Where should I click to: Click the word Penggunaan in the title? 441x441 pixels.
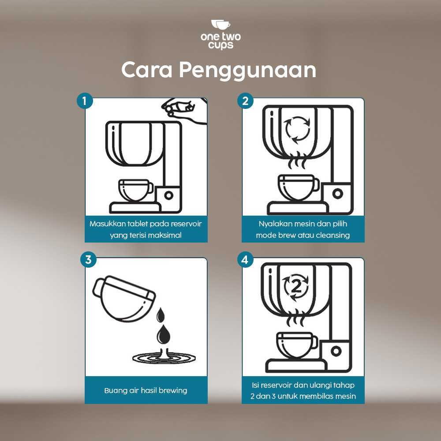click(247, 71)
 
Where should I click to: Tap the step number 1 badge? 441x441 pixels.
click(85, 101)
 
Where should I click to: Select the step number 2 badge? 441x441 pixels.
click(245, 101)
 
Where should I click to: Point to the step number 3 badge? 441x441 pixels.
click(88, 259)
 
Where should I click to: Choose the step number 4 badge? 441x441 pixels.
click(245, 259)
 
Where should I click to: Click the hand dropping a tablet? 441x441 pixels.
click(184, 110)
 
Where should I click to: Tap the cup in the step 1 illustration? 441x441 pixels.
click(135, 190)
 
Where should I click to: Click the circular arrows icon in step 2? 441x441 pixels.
click(297, 130)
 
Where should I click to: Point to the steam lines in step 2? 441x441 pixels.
click(296, 161)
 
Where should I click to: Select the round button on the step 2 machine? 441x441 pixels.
click(337, 194)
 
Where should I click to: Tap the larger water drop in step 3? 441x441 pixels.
click(164, 334)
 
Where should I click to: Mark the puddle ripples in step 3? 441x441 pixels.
click(164, 358)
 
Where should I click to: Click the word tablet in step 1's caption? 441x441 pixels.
click(137, 224)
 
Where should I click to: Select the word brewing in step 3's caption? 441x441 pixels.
click(173, 391)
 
